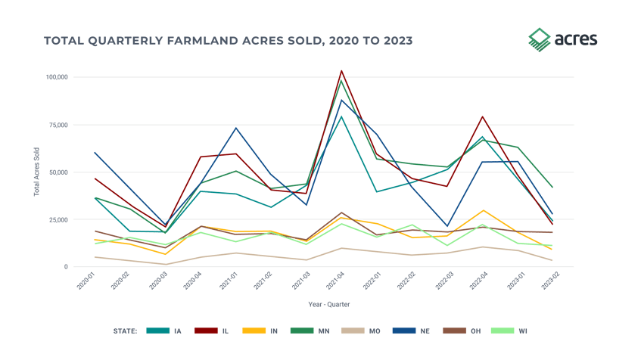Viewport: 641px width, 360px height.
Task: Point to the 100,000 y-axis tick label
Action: [x=58, y=77]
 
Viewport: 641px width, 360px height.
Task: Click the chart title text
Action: [x=228, y=40]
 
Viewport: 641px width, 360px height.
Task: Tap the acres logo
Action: [x=562, y=39]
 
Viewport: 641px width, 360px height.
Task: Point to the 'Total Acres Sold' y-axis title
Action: [x=36, y=172]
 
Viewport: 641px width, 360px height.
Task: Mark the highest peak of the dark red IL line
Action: [x=341, y=70]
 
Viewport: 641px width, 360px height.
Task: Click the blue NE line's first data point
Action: [x=95, y=153]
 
